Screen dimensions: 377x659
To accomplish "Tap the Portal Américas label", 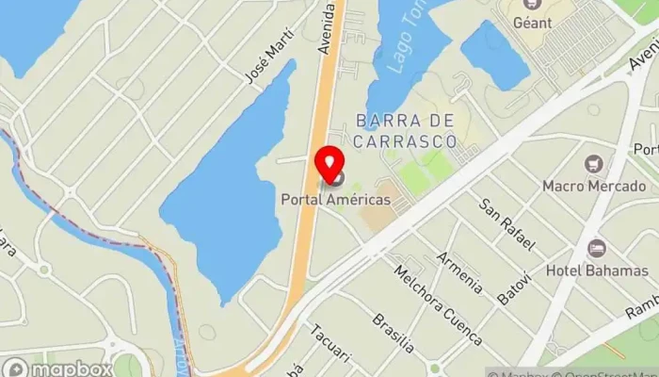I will coord(335,200).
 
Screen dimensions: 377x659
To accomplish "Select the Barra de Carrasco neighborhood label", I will coord(405,130).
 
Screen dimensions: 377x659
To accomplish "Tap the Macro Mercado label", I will coord(593,186).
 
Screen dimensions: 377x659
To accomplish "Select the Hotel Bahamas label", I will coord(596,271).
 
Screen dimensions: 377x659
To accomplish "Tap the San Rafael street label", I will coord(507,224).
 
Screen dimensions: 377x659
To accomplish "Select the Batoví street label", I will coord(514,284).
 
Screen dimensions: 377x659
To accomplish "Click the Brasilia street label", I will coord(393,333).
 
